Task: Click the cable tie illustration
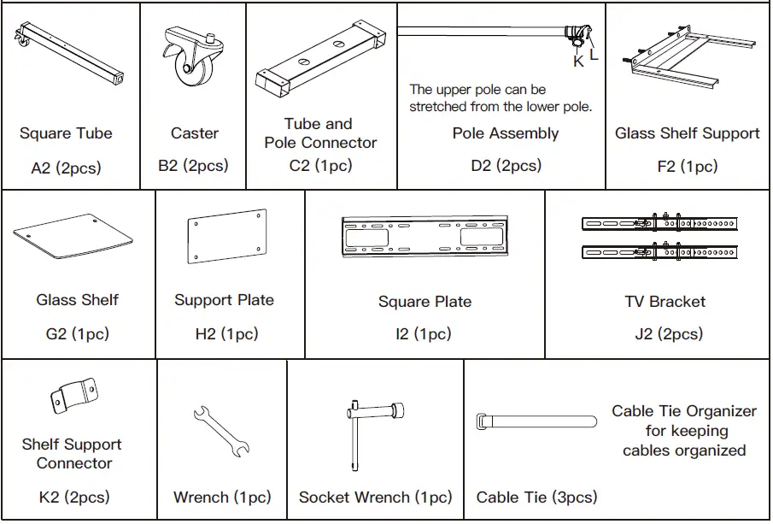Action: (536, 423)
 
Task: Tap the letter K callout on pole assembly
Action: (578, 62)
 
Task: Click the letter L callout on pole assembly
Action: (594, 56)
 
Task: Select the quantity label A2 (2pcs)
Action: (66, 168)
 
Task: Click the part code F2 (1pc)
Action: (687, 167)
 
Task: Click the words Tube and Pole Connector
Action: (320, 133)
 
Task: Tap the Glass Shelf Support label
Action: (687, 133)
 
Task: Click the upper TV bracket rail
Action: (659, 223)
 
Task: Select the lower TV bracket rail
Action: (659, 251)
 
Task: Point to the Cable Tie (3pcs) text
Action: (536, 498)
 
